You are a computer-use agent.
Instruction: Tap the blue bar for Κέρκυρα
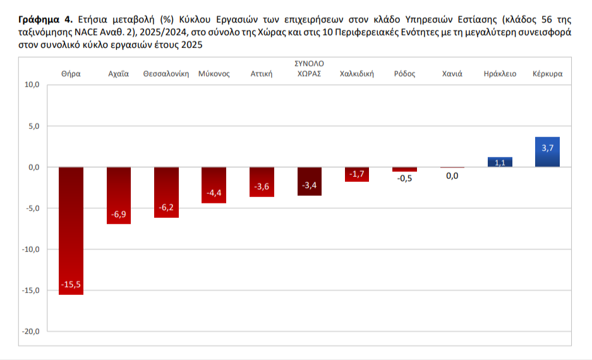[547, 152]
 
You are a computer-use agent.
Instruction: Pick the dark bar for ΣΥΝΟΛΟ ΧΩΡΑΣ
[310, 181]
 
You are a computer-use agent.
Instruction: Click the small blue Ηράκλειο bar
[500, 162]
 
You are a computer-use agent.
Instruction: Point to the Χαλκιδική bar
[357, 174]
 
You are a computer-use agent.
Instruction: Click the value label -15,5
[71, 285]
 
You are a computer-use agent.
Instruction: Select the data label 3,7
[548, 148]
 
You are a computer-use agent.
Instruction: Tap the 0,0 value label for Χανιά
[452, 176]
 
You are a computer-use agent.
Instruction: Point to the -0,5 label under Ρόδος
[404, 178]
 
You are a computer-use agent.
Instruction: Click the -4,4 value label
[214, 193]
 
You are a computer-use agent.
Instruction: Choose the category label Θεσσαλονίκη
[166, 74]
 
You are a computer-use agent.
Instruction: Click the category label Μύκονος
[214, 74]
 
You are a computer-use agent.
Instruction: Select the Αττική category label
[262, 74]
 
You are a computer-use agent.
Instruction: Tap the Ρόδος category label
[404, 74]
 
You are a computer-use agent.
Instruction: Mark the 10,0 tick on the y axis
[32, 85]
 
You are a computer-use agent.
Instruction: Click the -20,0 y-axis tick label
[31, 332]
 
